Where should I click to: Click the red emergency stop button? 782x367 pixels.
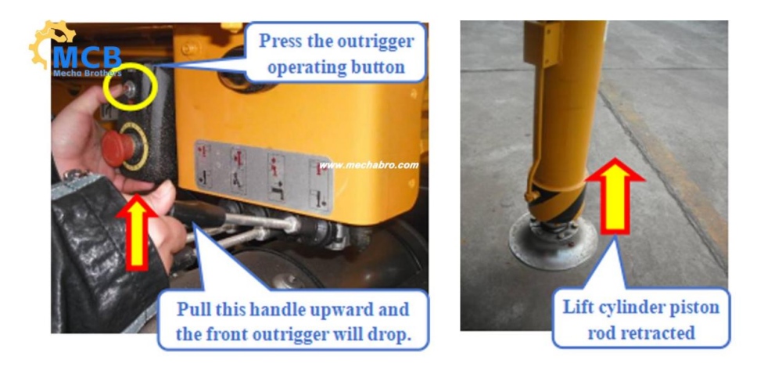tap(118, 149)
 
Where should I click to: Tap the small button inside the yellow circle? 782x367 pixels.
tap(131, 89)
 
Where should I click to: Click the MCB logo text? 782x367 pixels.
tap(87, 57)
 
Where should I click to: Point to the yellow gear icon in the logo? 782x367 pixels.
tap(51, 42)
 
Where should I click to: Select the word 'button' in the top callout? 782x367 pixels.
tap(380, 67)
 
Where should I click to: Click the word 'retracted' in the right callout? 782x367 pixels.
tap(649, 332)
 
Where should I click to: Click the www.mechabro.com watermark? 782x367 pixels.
tap(369, 165)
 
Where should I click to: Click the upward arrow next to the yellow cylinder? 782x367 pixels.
tap(615, 196)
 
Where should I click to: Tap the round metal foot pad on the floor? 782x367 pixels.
tap(553, 241)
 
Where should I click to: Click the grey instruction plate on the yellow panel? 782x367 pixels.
tap(264, 176)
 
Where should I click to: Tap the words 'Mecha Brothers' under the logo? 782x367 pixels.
tap(87, 74)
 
